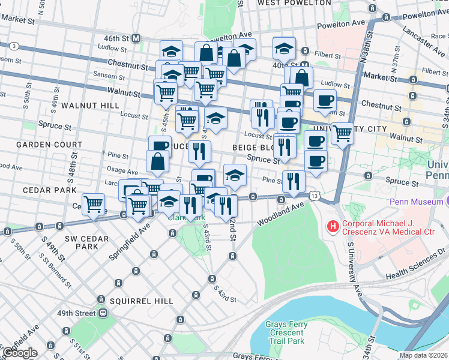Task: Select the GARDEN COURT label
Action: click(41, 145)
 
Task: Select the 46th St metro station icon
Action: click(136, 38)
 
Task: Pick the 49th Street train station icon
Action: click(103, 313)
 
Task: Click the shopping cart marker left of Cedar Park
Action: click(93, 204)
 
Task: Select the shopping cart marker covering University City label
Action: click(342, 133)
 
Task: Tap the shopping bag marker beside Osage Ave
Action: click(157, 161)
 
